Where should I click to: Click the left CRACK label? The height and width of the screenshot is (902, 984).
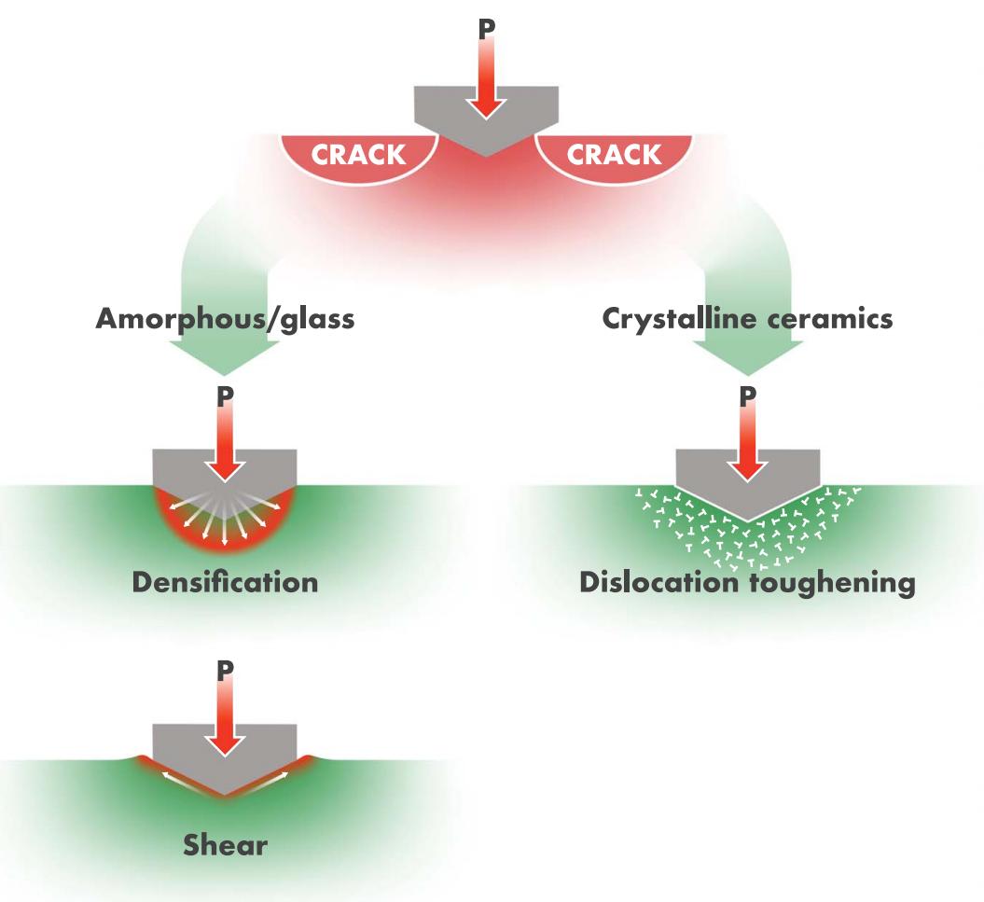click(358, 155)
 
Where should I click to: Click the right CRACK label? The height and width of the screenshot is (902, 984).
click(614, 155)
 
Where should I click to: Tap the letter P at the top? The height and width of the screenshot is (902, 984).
click(486, 28)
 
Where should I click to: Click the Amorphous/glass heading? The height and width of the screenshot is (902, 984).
click(226, 319)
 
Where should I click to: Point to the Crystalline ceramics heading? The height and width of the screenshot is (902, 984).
click(747, 319)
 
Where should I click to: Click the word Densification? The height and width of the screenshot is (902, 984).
click(226, 582)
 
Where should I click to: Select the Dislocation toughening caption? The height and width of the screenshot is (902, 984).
click(747, 583)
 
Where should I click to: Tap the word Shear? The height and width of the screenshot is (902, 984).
click(226, 845)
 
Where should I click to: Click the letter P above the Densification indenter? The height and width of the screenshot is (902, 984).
click(226, 396)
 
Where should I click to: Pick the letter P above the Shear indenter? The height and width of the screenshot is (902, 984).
click(226, 671)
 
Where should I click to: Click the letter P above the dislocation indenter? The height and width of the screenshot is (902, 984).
click(747, 396)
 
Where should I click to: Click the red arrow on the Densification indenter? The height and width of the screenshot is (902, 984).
click(226, 442)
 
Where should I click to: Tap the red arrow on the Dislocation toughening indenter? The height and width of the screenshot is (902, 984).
click(747, 442)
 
